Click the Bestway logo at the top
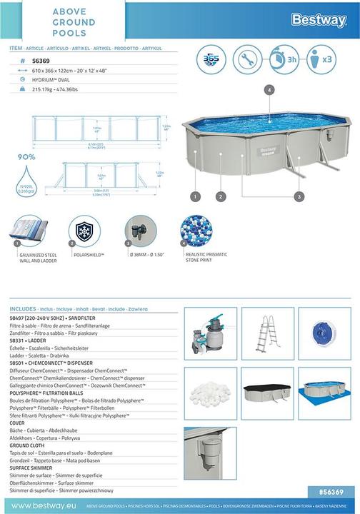[x=318, y=20]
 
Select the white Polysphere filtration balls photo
[x=210, y=393]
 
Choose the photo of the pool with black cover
[x=269, y=393]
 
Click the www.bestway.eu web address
[x=42, y=506]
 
